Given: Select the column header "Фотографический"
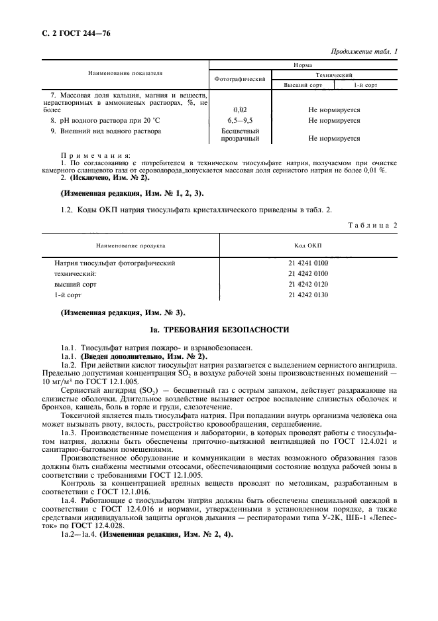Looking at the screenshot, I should (241, 79).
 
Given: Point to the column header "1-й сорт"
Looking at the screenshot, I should (365, 86).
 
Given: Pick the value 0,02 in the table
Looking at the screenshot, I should (241, 109).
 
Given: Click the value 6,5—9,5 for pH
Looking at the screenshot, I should (241, 120).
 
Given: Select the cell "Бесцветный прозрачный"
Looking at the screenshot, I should (241, 135).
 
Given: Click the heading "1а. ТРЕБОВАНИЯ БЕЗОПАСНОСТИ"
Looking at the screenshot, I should (219, 330).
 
